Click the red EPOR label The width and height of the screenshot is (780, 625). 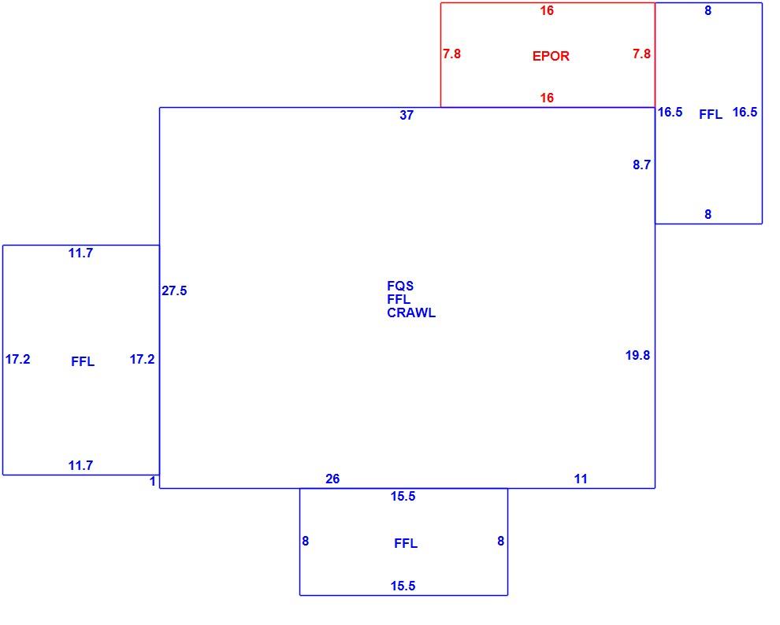pos(551,56)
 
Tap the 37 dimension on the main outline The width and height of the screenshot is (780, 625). pos(407,115)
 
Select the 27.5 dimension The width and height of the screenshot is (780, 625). pos(174,290)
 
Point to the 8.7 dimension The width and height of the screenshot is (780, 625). pos(641,165)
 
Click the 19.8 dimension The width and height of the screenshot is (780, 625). pos(637,355)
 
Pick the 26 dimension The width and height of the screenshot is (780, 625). pos(332,479)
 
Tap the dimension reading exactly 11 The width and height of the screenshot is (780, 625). pos(581,479)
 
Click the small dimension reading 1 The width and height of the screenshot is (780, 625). pos(153,482)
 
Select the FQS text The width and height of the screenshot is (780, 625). pos(400,287)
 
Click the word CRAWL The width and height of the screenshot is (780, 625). pos(411,313)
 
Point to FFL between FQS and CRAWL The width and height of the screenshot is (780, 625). pos(399,300)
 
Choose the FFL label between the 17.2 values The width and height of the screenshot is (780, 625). pos(83,361)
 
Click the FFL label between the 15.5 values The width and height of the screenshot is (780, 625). pos(406,543)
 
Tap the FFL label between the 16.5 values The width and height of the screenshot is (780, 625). pos(711,115)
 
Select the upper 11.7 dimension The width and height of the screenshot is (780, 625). pos(80,253)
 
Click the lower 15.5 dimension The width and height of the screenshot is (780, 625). pos(403,586)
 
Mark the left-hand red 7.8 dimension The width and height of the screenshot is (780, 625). pos(451,54)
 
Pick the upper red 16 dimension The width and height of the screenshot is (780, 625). pos(547,11)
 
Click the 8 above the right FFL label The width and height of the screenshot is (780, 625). pos(708,11)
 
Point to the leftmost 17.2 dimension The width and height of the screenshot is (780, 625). pos(18,359)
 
